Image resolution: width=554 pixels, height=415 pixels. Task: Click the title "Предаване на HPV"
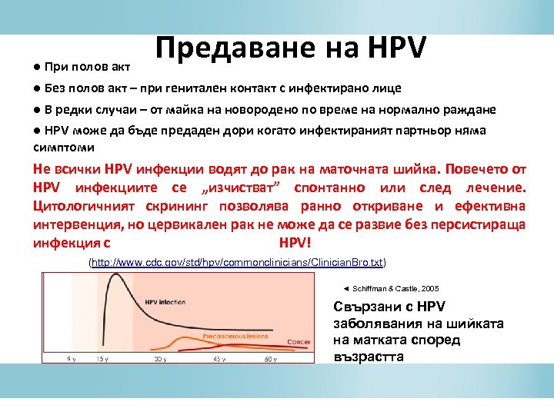(290, 47)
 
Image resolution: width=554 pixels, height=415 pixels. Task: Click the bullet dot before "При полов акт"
(37, 67)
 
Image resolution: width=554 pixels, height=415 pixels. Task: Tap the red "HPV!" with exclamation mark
(292, 244)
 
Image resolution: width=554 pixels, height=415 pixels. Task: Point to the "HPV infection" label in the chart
(170, 302)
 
